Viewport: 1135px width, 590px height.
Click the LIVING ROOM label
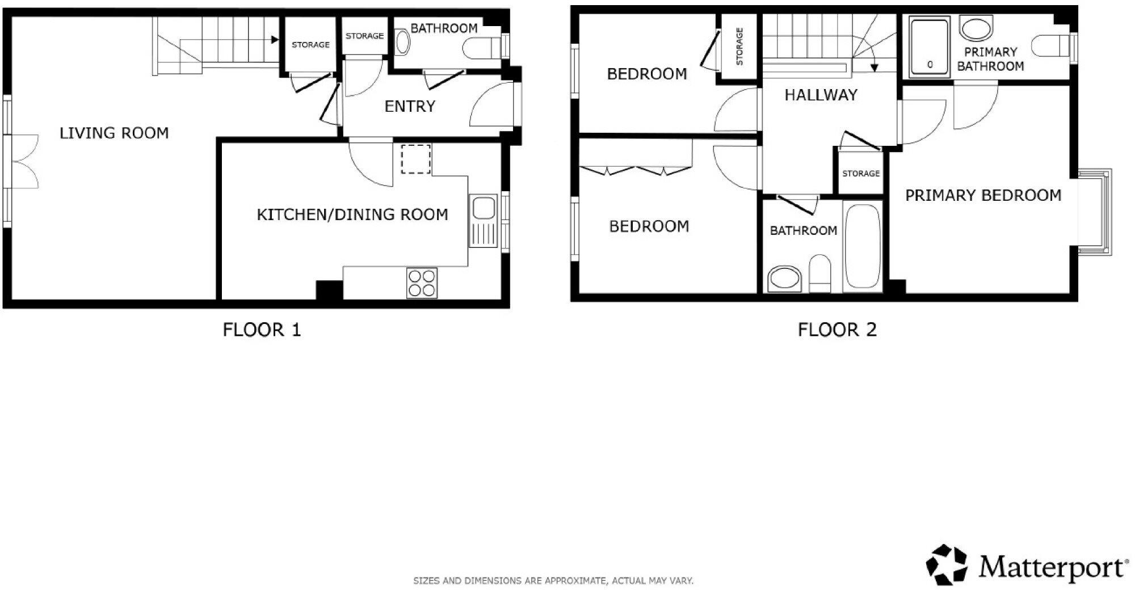pyautogui.click(x=114, y=133)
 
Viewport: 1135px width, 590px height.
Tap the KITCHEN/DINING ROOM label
pyautogui.click(x=352, y=214)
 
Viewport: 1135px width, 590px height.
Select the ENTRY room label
pyautogui.click(x=410, y=106)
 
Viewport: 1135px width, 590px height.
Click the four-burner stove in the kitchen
pyautogui.click(x=422, y=283)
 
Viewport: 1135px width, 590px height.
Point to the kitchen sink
pyautogui.click(x=484, y=221)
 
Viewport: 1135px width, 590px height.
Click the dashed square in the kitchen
pyautogui.click(x=416, y=159)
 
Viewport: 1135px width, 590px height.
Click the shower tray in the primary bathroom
pyautogui.click(x=930, y=47)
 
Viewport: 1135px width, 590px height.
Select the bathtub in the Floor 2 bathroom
pyautogui.click(x=863, y=247)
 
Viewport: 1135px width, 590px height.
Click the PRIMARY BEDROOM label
pyautogui.click(x=983, y=196)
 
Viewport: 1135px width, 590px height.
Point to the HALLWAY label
pyautogui.click(x=821, y=95)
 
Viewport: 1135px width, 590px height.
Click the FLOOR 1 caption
pyautogui.click(x=262, y=330)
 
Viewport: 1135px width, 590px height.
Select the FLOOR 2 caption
pyautogui.click(x=837, y=330)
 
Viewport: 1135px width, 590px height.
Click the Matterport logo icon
pyautogui.click(x=947, y=564)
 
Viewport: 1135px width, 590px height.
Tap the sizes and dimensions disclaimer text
pyautogui.click(x=553, y=581)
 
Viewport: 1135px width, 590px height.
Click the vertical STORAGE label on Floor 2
pyautogui.click(x=739, y=47)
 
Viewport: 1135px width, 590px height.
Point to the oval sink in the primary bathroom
pyautogui.click(x=977, y=28)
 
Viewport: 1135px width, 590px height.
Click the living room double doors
pyautogui.click(x=23, y=161)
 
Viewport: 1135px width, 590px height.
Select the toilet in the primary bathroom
pyautogui.click(x=1051, y=46)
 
